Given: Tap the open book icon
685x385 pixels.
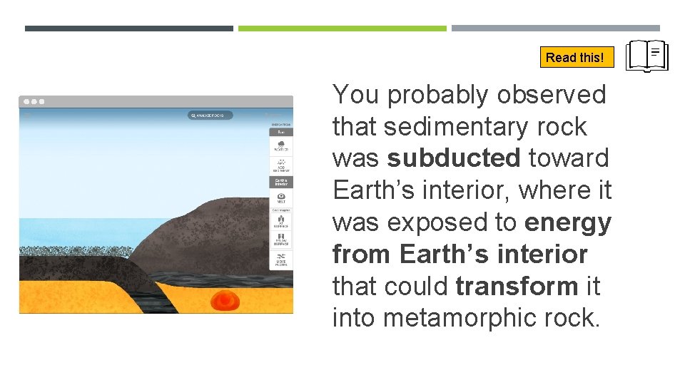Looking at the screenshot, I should (x=646, y=56).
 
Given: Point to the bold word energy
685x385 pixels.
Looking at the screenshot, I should (x=567, y=222).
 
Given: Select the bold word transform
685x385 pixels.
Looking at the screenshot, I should (x=517, y=287).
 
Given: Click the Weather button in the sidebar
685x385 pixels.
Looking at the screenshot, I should (x=281, y=146).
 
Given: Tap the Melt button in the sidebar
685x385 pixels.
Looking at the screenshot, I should (x=281, y=197).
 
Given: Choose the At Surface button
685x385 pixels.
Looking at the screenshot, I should (x=281, y=221).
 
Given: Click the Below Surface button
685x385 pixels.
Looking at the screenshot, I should (x=281, y=239).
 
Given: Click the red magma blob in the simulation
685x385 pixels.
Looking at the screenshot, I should (x=225, y=301).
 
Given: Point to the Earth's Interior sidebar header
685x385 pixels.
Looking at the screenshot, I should (x=281, y=182).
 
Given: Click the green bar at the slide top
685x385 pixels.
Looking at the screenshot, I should (x=342, y=29).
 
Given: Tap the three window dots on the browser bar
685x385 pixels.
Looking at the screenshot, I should (x=33, y=102).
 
